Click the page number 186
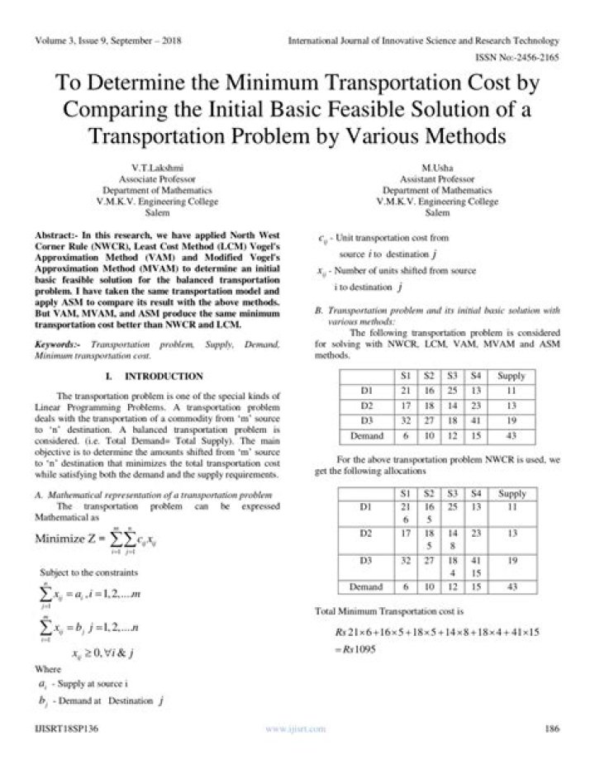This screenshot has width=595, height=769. [x=553, y=729]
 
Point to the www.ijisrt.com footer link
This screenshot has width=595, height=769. [x=295, y=729]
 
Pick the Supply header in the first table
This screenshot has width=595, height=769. [x=512, y=377]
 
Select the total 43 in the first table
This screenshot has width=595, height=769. [x=512, y=436]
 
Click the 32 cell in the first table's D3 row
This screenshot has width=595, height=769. [x=405, y=421]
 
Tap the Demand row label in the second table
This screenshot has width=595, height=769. [x=367, y=587]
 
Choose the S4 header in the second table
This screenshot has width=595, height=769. [x=475, y=494]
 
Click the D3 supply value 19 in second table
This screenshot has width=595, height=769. [x=512, y=559]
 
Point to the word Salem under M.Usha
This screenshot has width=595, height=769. [x=437, y=212]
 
